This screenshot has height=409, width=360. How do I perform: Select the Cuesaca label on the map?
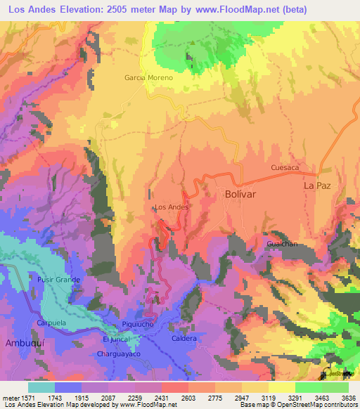[x=285, y=168]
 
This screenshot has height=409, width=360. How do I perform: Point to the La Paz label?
[x=316, y=186]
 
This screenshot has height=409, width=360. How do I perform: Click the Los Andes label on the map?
[x=171, y=207]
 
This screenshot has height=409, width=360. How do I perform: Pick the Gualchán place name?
[x=283, y=243]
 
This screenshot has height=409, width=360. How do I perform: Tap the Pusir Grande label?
[x=59, y=280]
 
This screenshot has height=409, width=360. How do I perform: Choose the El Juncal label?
[x=117, y=339]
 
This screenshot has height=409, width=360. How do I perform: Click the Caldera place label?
[x=184, y=338]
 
